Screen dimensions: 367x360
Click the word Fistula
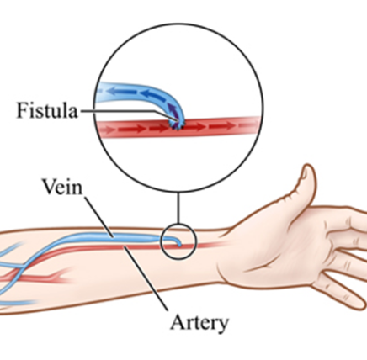[x=47, y=110]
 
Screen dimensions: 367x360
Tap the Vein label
[x=62, y=187]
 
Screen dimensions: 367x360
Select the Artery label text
[x=199, y=323]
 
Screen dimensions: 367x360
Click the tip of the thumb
[x=308, y=166]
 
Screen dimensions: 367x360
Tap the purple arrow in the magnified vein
[x=173, y=110]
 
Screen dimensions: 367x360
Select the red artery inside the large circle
[x=178, y=128]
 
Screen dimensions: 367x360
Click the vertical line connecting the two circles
[x=178, y=208]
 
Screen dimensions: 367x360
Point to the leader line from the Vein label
[x=99, y=217]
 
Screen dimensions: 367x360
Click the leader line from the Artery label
[x=146, y=278]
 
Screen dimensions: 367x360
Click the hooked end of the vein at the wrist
[x=178, y=241]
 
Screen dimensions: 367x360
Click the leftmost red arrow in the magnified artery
[x=107, y=130]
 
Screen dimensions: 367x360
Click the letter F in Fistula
[x=22, y=110]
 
